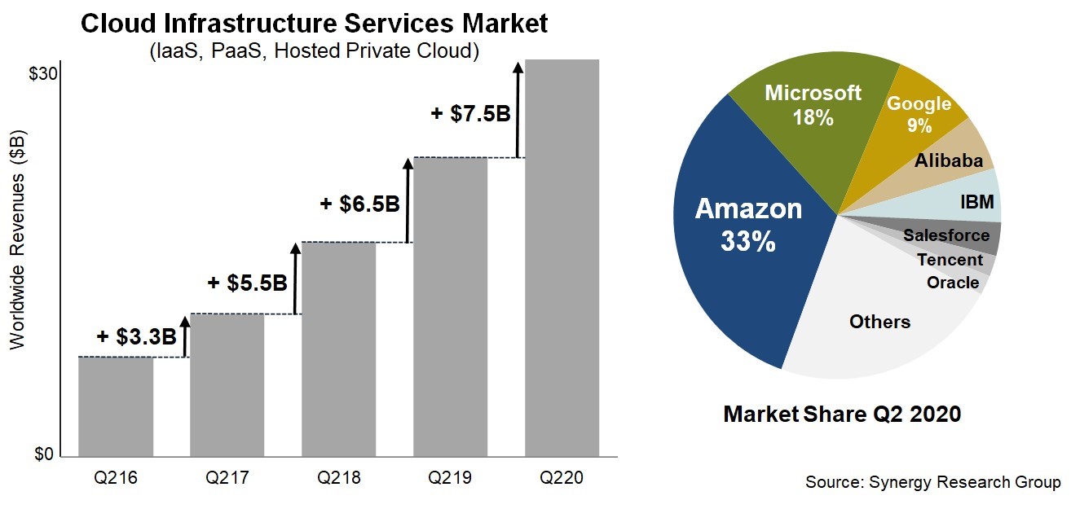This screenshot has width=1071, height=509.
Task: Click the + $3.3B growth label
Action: pos(136,337)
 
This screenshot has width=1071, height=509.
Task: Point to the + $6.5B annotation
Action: pos(359,204)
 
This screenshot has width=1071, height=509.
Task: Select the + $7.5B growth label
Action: pos(470,113)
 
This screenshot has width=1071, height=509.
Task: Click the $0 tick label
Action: pos(43,454)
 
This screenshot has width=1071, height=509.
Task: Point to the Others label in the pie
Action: pos(879,322)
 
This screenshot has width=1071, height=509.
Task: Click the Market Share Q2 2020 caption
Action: pos(842,414)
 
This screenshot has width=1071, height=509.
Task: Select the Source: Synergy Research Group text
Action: pos(933,482)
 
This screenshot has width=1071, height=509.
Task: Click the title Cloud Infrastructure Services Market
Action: pos(314,24)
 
